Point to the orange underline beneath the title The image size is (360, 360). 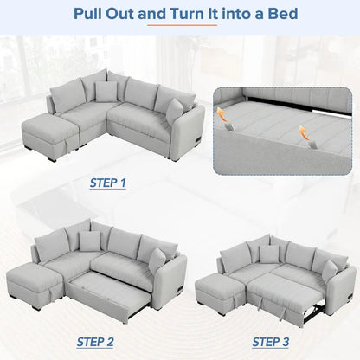pyautogui.click(x=180, y=27)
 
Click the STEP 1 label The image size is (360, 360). pyautogui.click(x=108, y=183)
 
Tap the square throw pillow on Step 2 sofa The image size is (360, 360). pyautogui.click(x=89, y=241)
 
